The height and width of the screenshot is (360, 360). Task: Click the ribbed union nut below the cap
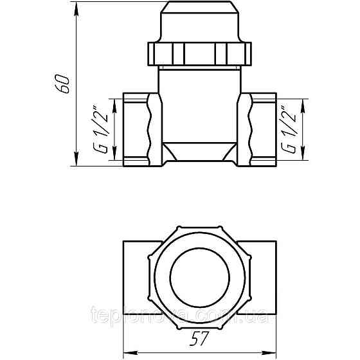[200, 51]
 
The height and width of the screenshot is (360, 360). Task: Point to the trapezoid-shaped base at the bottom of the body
[200, 152]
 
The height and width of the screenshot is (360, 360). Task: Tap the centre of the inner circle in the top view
[200, 265]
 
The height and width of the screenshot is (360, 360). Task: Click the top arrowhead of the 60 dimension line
[76, 8]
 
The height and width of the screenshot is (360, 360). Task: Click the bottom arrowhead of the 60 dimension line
[76, 163]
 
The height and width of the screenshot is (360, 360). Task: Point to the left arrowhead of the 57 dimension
[127, 352]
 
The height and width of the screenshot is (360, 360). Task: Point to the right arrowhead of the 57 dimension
[274, 352]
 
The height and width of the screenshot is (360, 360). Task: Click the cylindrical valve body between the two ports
[200, 103]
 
